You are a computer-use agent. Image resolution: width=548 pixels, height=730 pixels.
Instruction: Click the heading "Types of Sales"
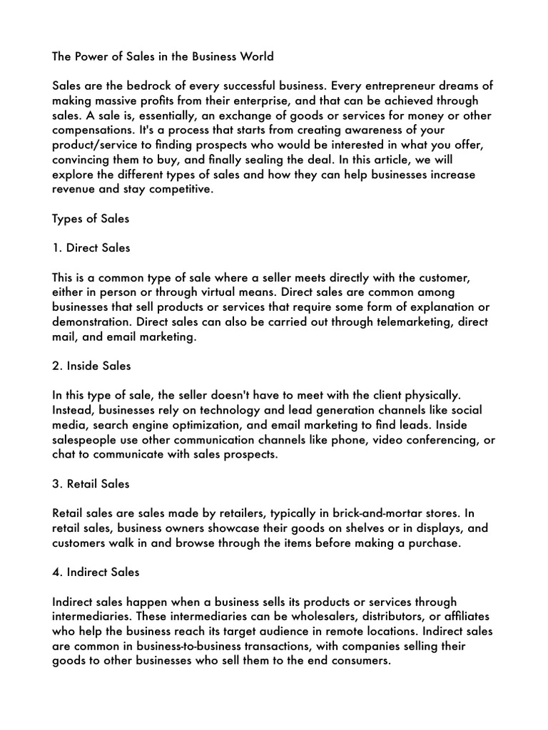91,219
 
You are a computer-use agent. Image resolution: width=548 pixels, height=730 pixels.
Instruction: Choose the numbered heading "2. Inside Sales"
91,366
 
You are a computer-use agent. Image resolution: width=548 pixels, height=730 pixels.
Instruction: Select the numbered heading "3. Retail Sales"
91,484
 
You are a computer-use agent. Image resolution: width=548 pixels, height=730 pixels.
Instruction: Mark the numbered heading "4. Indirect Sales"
96,572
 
